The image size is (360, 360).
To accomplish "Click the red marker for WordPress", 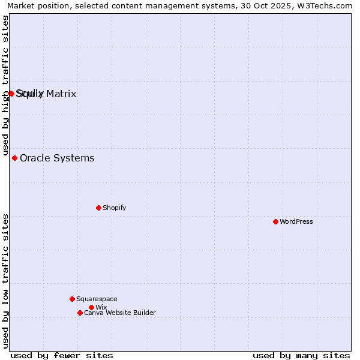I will (275, 221).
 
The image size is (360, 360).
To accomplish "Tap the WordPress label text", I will (296, 221).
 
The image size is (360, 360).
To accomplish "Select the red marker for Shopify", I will (98, 208).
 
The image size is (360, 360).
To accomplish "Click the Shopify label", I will (114, 208).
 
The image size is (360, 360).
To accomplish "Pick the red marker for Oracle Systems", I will (14, 158).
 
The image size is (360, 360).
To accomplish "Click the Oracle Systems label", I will (57, 158).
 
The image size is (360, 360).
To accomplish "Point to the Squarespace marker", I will (72, 299).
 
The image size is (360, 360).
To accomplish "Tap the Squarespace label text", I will (97, 299).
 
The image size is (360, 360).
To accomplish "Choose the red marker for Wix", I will (91, 307).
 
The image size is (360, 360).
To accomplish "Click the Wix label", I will (101, 307).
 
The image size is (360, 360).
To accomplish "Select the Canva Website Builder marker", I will (80, 313).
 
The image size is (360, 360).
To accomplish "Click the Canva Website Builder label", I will (119, 313).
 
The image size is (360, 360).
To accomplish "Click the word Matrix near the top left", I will (61, 94).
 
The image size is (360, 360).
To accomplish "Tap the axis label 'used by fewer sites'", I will (62, 355).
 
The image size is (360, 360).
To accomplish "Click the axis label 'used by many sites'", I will (301, 355).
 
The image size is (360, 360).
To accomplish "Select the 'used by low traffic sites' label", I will (5, 281).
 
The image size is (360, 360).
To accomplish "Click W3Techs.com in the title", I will (325, 5).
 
